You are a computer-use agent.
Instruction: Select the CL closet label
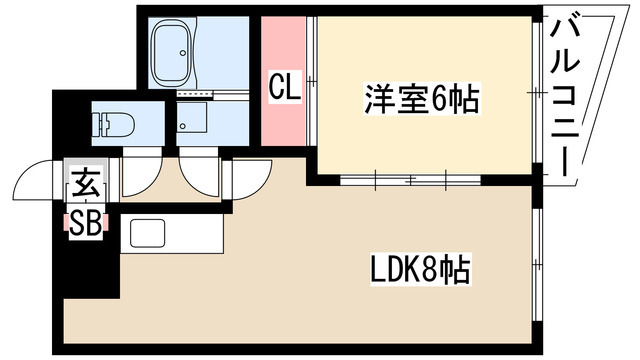coord(283,88)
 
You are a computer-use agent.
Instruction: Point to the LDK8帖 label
coord(420,269)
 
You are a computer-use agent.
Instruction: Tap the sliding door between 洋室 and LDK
coord(410,181)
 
